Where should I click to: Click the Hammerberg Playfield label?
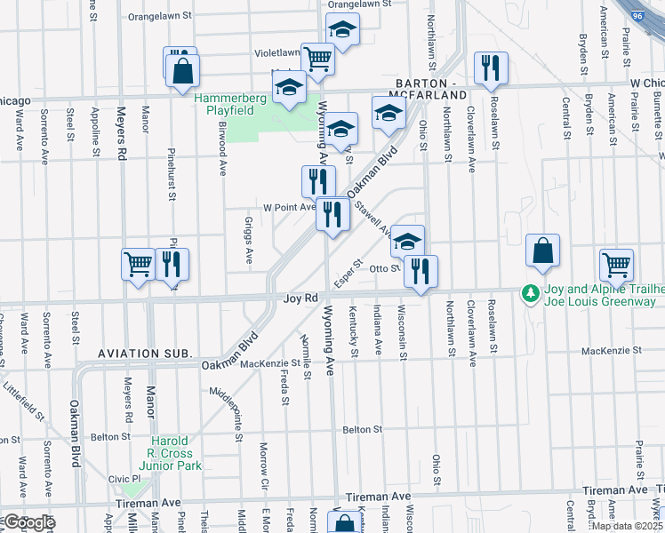click(224, 103)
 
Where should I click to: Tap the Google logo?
click(28, 522)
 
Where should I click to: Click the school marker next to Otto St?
click(407, 241)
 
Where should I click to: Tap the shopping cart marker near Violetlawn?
click(317, 59)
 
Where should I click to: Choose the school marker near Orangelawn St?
click(342, 29)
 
